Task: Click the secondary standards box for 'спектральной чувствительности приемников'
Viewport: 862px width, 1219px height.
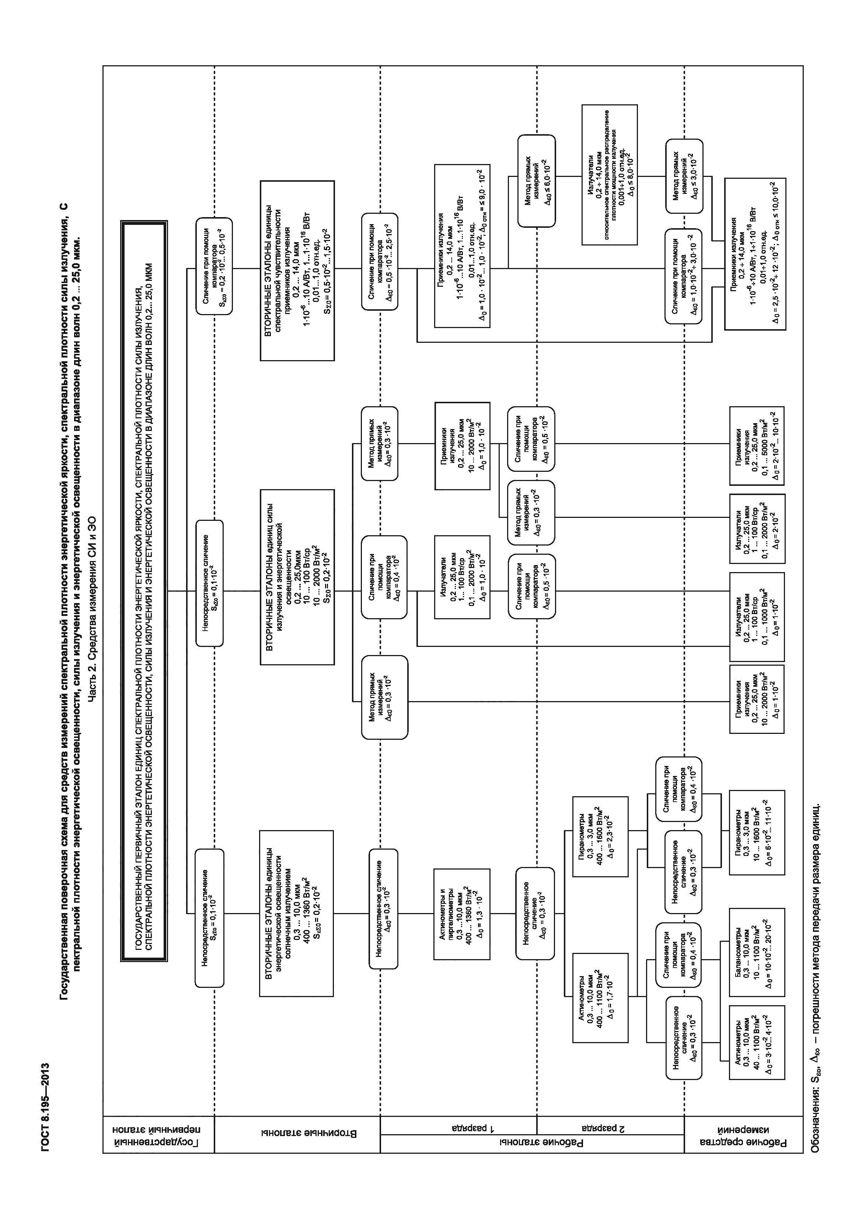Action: click(297, 271)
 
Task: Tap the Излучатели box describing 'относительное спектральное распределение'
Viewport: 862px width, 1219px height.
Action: click(609, 175)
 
